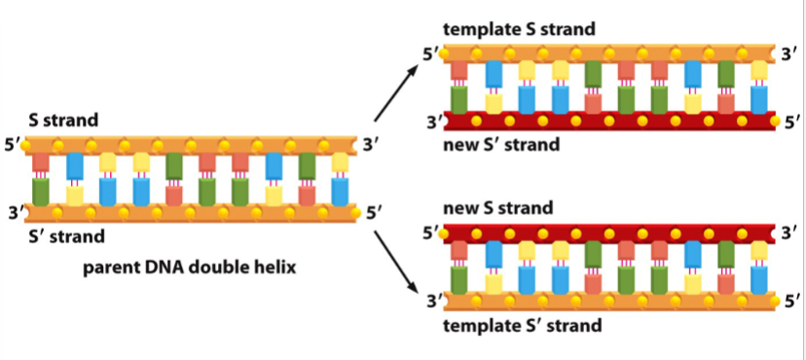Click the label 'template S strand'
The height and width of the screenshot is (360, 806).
519,29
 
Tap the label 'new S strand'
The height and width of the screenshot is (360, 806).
497,207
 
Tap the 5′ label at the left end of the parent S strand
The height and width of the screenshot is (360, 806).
13,145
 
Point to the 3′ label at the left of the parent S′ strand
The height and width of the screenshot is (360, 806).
13,211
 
